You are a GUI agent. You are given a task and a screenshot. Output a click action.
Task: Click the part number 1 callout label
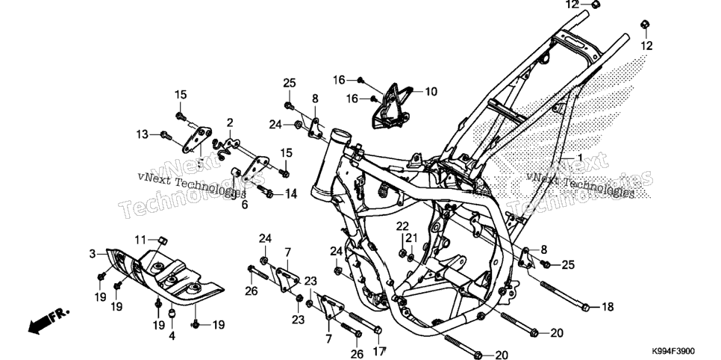[x=580, y=158]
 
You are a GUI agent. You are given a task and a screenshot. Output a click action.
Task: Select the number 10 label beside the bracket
[x=431, y=92]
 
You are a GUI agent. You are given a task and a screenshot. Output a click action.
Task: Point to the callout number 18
[x=608, y=307]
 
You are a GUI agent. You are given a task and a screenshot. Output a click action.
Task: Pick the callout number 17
[x=378, y=353]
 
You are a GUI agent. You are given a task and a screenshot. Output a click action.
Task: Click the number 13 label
[x=142, y=134]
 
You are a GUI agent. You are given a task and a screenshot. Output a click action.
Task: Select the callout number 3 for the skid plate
[x=92, y=254]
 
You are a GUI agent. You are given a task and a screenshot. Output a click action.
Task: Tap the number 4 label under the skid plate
[x=172, y=335]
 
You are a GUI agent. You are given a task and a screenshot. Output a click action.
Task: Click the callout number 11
[x=140, y=240]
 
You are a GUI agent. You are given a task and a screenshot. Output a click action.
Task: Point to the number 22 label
[x=402, y=226]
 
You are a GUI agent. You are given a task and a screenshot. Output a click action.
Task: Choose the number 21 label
[x=411, y=238]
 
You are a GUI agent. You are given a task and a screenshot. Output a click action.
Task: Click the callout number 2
[x=230, y=122]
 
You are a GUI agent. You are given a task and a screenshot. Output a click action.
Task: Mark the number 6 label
[x=245, y=205]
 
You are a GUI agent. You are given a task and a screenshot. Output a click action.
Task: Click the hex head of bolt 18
[x=585, y=307]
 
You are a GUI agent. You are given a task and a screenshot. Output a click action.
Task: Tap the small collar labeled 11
[x=162, y=240]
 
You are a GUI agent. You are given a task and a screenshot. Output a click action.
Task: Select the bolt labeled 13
[x=166, y=135]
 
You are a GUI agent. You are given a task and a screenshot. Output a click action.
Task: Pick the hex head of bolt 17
[x=378, y=330]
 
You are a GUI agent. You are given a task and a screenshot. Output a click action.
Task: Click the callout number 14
[x=290, y=193]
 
